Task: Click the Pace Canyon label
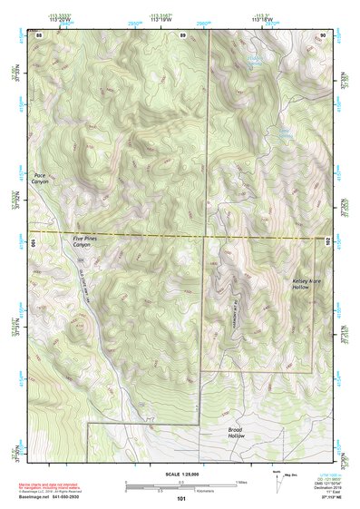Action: pyautogui.click(x=39, y=178)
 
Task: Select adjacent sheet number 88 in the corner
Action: pyautogui.click(x=39, y=34)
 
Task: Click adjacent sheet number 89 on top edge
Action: pyautogui.click(x=182, y=34)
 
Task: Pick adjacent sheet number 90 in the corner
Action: pyautogui.click(x=323, y=34)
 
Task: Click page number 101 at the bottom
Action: pyautogui.click(x=181, y=499)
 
